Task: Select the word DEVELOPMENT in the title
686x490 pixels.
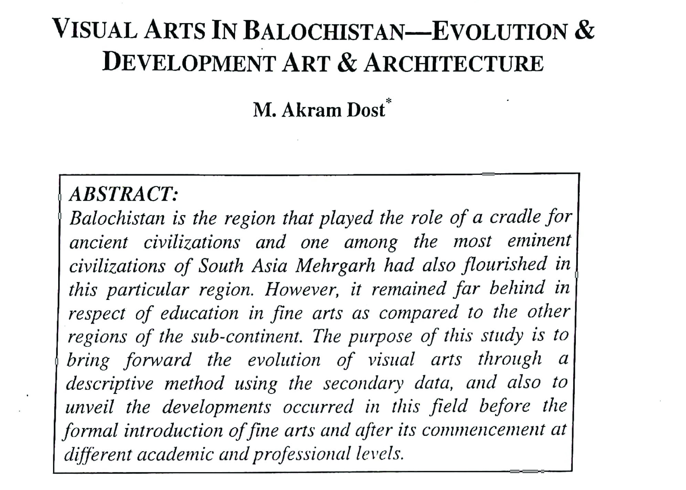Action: click(189, 64)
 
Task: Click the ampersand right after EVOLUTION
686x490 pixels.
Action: click(583, 30)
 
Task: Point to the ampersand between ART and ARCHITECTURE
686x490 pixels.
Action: click(347, 64)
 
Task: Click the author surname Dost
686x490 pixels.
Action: click(366, 110)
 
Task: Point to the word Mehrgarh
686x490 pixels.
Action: click(335, 265)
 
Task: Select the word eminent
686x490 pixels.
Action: click(539, 241)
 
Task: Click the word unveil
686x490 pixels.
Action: click(89, 407)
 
